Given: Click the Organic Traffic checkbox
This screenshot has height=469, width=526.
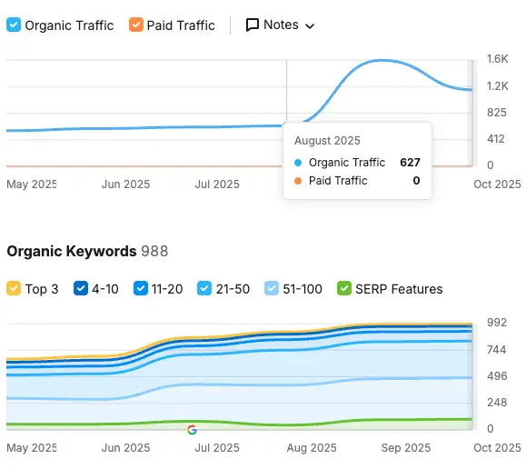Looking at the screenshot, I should click(14, 25).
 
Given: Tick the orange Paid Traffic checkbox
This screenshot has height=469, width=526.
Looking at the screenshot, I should click(135, 25).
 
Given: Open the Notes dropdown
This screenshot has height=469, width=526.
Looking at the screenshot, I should click(281, 25).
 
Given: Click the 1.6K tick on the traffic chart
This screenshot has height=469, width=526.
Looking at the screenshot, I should click(496, 59).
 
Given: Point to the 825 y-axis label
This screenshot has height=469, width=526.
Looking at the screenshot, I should click(496, 113).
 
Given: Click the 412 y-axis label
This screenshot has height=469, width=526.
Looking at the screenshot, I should click(496, 139).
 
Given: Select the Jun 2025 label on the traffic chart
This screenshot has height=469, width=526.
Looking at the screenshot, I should click(125, 184).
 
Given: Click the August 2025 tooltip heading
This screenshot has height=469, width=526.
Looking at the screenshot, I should click(327, 141).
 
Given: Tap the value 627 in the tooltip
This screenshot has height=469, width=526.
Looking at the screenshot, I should click(410, 163).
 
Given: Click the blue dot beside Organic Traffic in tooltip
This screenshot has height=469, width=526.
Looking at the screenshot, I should click(298, 163).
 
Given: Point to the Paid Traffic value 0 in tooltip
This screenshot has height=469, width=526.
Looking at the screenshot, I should click(416, 181).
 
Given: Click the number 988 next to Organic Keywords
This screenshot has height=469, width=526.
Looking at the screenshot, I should click(154, 251).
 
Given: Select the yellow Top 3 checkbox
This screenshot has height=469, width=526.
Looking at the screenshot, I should click(14, 289).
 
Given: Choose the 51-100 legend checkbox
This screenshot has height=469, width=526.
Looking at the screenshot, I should click(272, 289).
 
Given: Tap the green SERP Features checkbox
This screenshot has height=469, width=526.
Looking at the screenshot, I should click(343, 289).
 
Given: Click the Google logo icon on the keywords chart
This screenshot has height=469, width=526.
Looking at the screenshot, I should click(192, 430).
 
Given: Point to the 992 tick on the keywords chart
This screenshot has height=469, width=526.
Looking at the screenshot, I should click(496, 323).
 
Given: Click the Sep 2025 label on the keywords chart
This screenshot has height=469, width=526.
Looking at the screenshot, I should click(405, 448).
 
